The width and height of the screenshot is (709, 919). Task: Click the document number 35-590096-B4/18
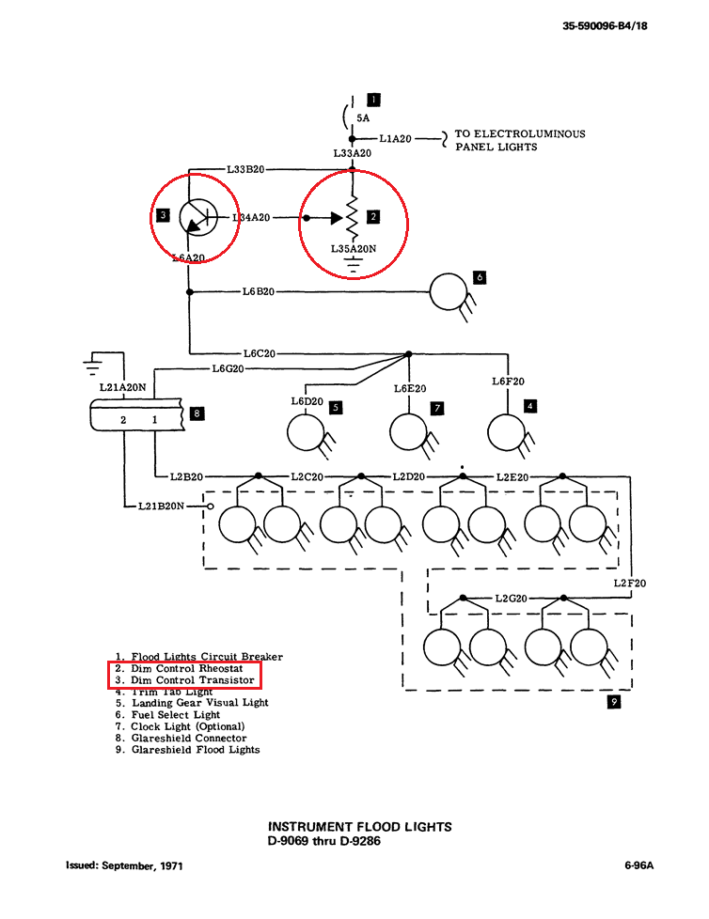[x=605, y=26]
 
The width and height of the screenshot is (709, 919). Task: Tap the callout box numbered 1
[x=373, y=99]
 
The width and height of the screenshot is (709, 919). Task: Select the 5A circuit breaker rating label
[x=362, y=118]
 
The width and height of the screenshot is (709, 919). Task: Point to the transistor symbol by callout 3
[x=197, y=218]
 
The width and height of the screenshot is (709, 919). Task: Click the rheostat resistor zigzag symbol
[x=354, y=218]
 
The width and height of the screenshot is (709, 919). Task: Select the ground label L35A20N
[x=353, y=249]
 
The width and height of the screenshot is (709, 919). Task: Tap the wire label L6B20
[x=258, y=292]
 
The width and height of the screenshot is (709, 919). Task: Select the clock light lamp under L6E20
[x=409, y=433]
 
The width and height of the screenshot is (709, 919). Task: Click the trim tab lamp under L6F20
[x=507, y=433]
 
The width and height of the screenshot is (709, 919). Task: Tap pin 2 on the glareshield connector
[x=123, y=420]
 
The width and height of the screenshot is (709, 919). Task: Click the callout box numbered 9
[x=614, y=701]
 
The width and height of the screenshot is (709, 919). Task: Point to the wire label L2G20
[x=512, y=599]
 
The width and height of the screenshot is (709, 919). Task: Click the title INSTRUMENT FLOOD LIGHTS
[x=360, y=827]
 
